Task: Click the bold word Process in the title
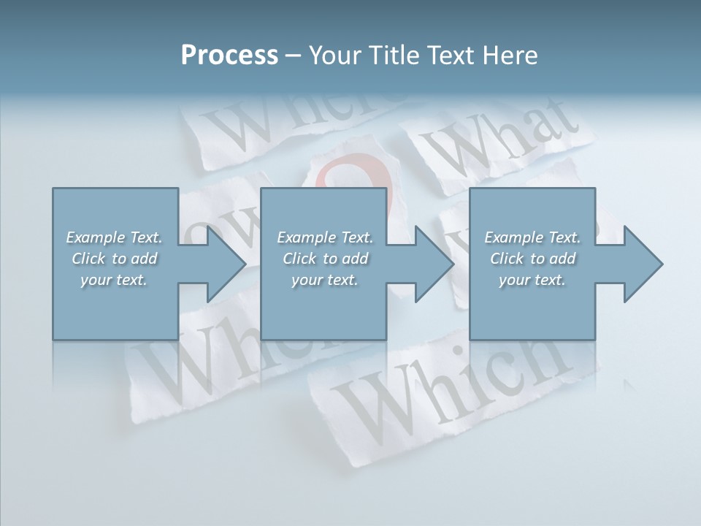pos(229,55)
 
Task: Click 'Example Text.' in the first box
pos(114,237)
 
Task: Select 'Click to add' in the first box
pos(114,259)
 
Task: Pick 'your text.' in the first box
pos(114,280)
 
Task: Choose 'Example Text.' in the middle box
pos(325,237)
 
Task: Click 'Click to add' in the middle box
pos(325,259)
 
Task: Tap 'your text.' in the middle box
pos(325,280)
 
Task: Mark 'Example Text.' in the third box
pos(532,237)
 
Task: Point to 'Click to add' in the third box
pos(532,259)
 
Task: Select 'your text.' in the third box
pos(532,280)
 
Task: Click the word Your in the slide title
pos(333,55)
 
